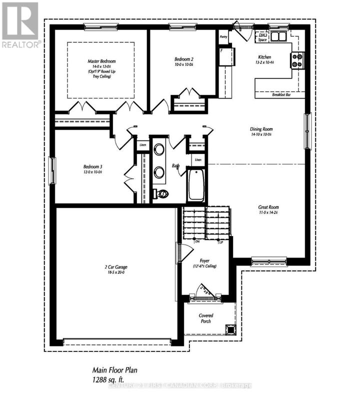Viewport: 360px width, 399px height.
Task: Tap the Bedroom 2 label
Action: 184,59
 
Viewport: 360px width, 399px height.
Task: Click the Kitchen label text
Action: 264,57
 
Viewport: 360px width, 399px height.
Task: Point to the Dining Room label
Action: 260,129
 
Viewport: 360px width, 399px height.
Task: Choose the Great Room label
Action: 268,207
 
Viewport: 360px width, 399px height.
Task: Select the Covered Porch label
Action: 205,318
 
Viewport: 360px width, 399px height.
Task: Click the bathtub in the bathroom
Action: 195,184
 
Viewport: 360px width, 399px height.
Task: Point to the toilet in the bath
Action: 160,194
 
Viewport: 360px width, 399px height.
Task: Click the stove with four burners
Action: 297,60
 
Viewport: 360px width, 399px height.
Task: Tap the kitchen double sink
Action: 276,35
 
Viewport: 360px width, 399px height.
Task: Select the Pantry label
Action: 223,36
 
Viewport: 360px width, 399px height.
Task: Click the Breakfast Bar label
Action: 282,94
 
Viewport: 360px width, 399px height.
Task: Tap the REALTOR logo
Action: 20,24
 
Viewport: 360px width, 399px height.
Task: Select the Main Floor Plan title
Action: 114,370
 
